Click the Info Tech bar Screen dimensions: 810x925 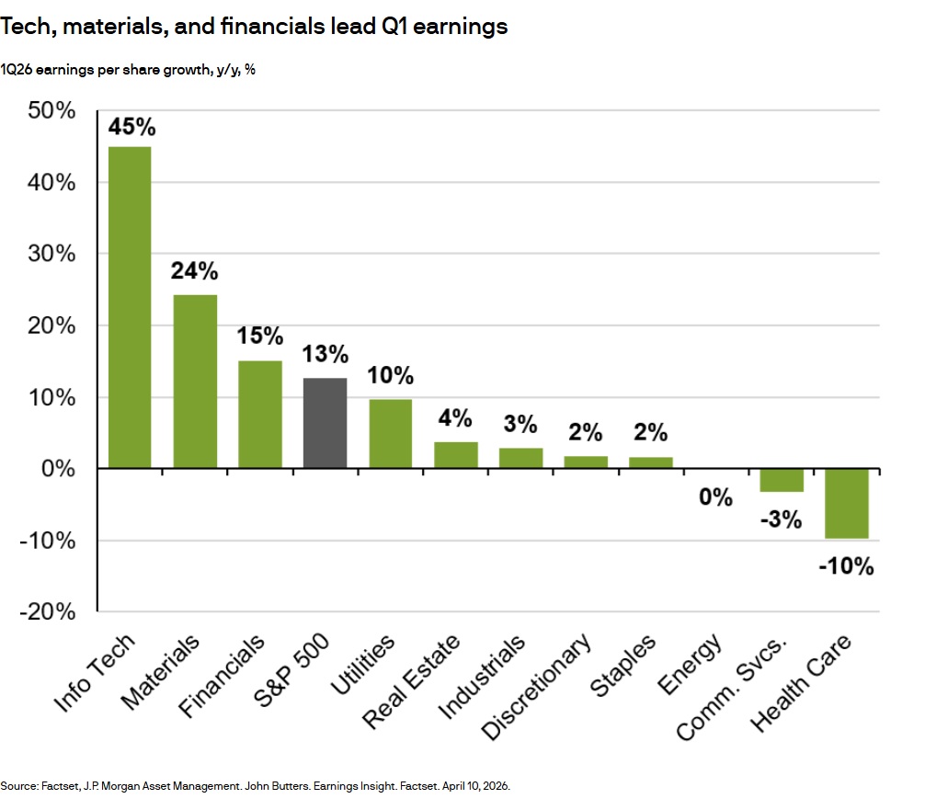point(130,307)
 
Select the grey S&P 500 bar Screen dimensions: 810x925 point(325,423)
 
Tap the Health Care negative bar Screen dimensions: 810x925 point(846,504)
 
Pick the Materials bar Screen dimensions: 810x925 point(195,382)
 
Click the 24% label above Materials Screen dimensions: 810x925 point(195,271)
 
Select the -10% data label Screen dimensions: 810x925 point(846,566)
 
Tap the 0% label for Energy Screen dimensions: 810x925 point(715,498)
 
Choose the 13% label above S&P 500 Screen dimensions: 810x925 point(325,354)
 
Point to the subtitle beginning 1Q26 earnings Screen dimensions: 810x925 point(128,69)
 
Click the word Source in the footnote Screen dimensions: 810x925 point(19,787)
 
